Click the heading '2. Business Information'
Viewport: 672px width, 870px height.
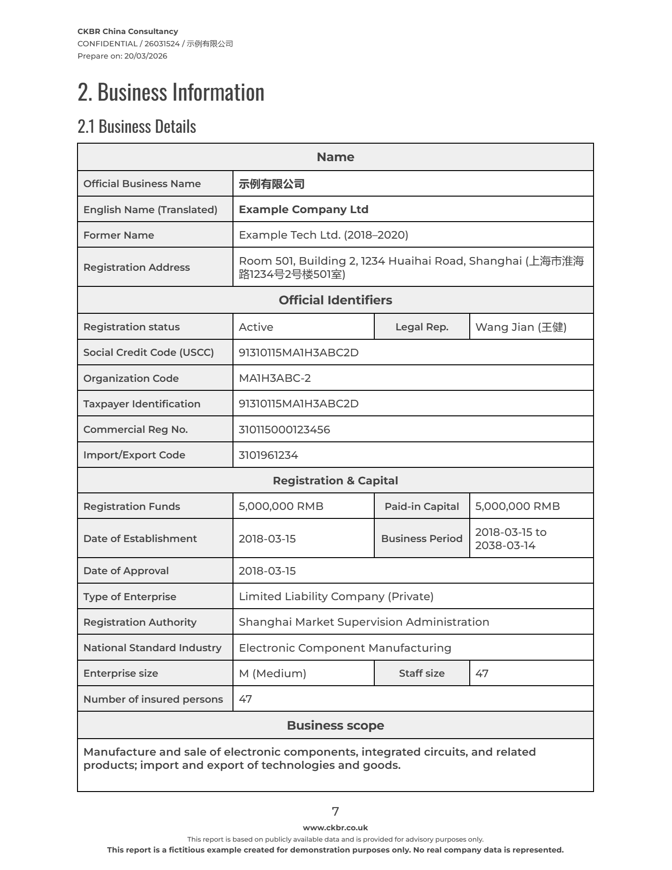(x=171, y=92)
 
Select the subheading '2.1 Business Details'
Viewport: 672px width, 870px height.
(x=137, y=127)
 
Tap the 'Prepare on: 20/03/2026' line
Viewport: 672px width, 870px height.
(x=122, y=56)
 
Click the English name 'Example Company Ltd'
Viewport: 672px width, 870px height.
(x=303, y=209)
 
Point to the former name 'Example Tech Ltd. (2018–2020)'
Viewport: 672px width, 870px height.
(x=323, y=235)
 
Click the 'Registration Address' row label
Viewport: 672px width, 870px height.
(x=137, y=267)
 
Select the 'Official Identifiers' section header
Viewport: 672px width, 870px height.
(x=335, y=300)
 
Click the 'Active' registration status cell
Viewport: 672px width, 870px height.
(x=256, y=327)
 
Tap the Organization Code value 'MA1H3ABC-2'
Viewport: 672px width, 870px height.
(x=275, y=378)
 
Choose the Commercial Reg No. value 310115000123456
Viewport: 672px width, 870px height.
(x=284, y=430)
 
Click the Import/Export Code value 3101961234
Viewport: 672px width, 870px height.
(x=268, y=455)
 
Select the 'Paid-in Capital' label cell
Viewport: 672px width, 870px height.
(x=422, y=506)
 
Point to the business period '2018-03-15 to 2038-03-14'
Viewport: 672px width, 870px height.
(x=510, y=539)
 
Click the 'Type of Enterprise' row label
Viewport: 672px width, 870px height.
(x=129, y=596)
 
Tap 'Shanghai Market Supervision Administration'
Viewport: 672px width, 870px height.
(x=363, y=622)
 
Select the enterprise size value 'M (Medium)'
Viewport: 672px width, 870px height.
(x=272, y=673)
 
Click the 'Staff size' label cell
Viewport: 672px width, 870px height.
(x=422, y=673)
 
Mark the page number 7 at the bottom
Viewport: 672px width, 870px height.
(x=335, y=811)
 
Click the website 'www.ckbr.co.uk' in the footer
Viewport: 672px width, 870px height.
(x=335, y=827)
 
